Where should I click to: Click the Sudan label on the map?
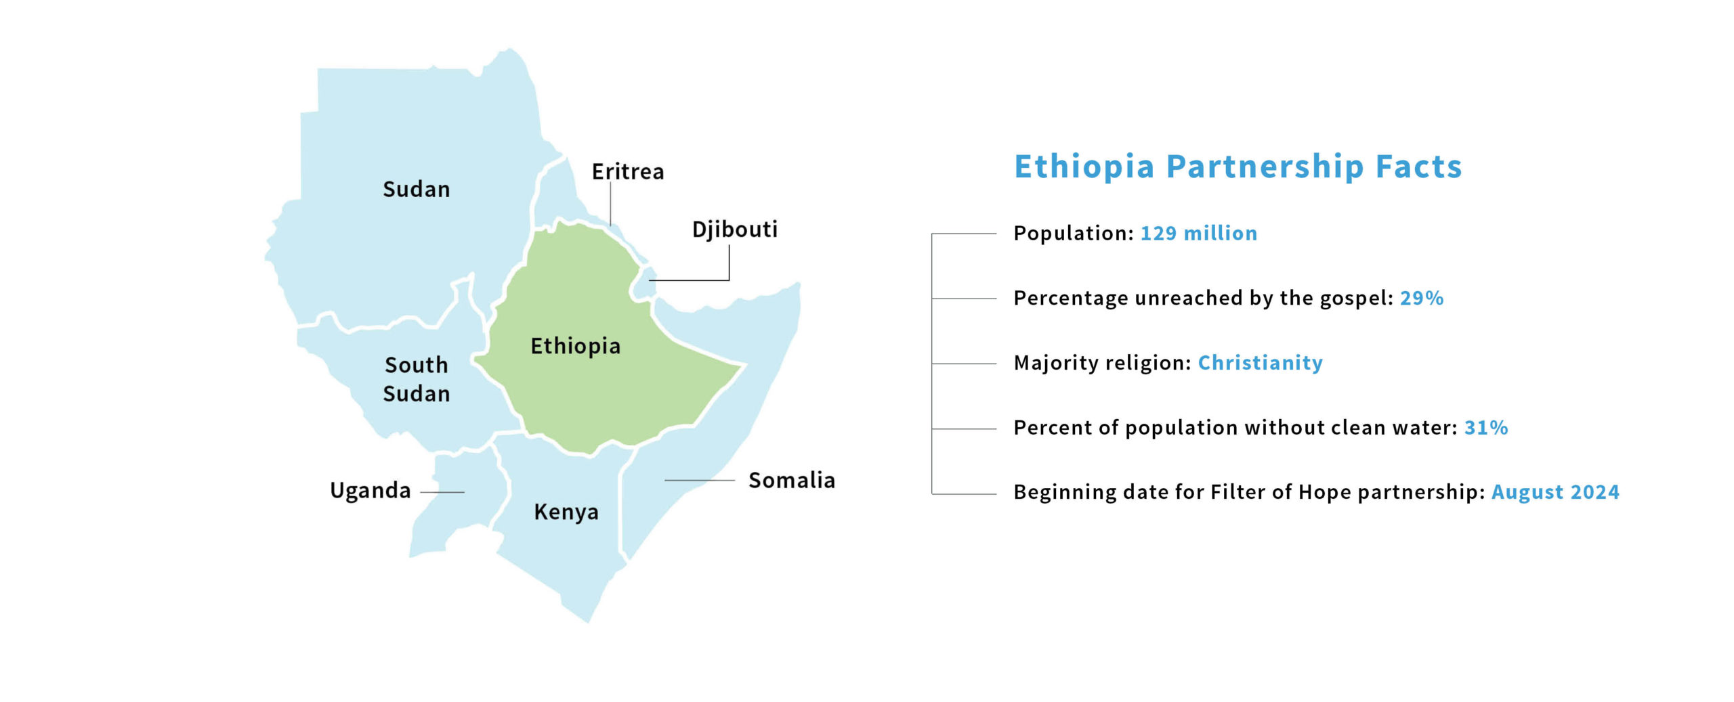click(416, 189)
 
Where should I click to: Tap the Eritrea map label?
click(628, 171)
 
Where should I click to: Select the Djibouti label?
click(735, 229)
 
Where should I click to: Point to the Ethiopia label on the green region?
click(575, 346)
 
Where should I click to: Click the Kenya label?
click(566, 512)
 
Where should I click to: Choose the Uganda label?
click(371, 490)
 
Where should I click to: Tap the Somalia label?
click(792, 480)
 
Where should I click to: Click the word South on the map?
click(417, 365)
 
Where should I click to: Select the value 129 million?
click(1199, 233)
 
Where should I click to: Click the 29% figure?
click(1422, 298)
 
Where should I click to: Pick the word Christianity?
click(1261, 363)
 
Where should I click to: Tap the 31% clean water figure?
click(1486, 428)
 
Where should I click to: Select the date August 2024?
click(1555, 492)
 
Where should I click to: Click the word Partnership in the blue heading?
click(1265, 167)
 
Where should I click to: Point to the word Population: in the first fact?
click(1074, 234)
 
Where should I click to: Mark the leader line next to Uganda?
click(442, 492)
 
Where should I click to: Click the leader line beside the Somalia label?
click(700, 480)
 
